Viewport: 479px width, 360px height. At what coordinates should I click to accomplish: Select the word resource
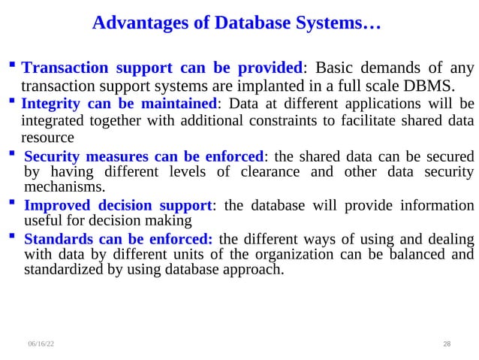[48, 138]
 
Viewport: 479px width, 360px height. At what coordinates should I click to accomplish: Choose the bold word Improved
[56, 205]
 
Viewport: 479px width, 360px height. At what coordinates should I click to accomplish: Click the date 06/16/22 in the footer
[41, 343]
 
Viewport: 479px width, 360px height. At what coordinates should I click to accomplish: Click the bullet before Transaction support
[14, 67]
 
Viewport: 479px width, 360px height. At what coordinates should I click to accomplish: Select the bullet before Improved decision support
[13, 204]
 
